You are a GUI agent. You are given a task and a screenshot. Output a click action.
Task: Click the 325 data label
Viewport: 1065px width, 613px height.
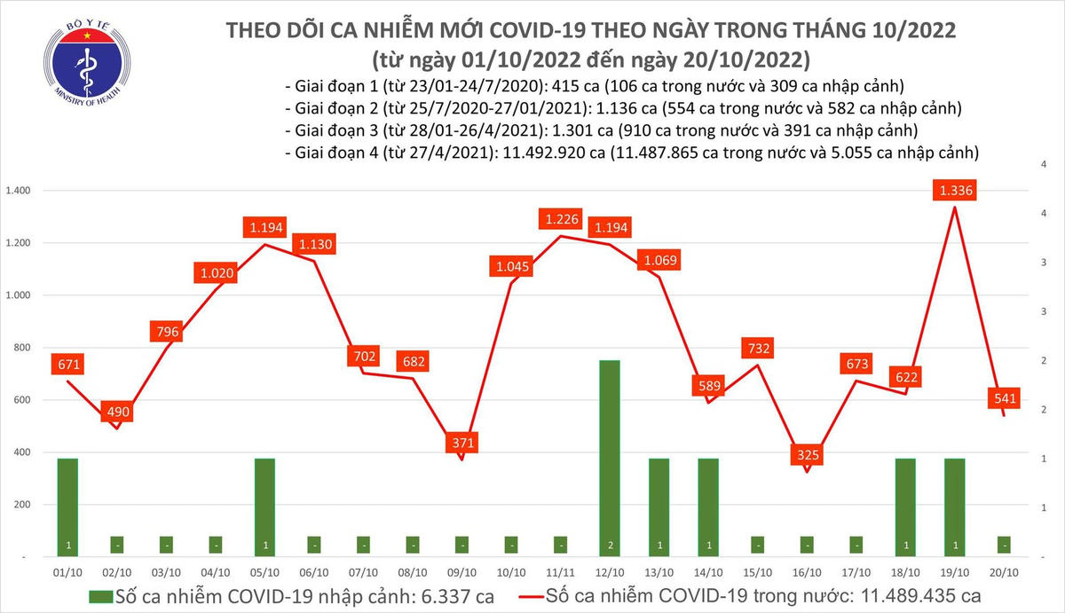(x=807, y=455)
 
